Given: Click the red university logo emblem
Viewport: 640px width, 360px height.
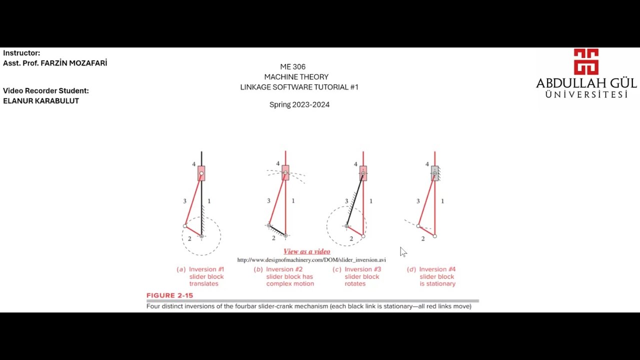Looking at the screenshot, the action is (x=586, y=61).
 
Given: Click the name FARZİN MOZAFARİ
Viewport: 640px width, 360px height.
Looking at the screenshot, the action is (x=73, y=63).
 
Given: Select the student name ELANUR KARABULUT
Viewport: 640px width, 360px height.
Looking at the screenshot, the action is (x=41, y=101).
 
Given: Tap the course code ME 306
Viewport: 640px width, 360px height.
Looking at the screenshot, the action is (x=293, y=67).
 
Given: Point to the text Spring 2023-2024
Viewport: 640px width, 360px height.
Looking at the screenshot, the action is (x=299, y=104).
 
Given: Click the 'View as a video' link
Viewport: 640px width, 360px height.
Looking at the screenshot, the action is (x=307, y=251).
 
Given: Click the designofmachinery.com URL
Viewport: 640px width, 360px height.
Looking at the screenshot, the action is (x=311, y=260).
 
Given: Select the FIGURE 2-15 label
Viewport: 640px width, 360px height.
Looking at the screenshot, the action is (x=169, y=295).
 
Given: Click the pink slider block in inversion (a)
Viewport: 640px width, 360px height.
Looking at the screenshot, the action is (x=201, y=173).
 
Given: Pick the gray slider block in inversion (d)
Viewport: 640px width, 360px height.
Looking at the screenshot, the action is (x=434, y=173).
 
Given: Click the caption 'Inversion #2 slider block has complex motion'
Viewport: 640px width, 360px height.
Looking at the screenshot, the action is (x=284, y=276).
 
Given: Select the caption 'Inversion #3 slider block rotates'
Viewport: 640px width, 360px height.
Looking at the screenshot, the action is (x=357, y=276).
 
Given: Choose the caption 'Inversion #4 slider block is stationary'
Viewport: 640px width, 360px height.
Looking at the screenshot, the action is (x=431, y=276).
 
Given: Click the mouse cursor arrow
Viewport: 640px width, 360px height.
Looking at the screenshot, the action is (x=403, y=252).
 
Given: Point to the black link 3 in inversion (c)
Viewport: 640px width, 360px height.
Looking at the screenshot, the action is (x=354, y=199).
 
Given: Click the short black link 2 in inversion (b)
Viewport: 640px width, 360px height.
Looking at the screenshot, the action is (x=277, y=230).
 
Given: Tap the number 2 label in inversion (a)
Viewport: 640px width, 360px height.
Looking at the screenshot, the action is (x=189, y=239).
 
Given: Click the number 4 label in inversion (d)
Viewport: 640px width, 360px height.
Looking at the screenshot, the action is (x=427, y=164).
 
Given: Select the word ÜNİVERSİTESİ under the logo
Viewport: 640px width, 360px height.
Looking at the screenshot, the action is (x=586, y=94).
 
